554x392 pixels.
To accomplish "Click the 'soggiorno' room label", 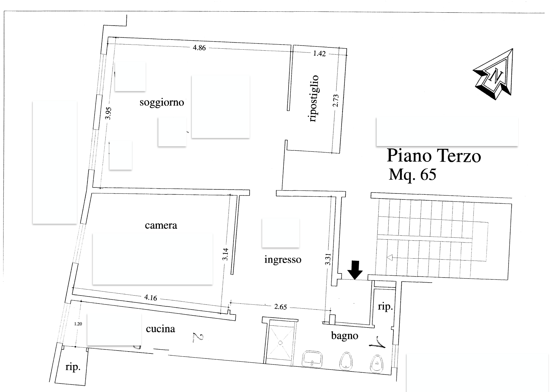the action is click(x=162, y=103).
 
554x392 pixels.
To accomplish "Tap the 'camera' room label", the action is click(x=161, y=225).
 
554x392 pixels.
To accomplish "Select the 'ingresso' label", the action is click(x=283, y=260).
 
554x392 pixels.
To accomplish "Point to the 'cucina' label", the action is click(x=160, y=329).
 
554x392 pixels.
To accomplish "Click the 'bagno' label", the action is click(x=344, y=335).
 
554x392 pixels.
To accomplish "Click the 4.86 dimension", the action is click(x=199, y=48).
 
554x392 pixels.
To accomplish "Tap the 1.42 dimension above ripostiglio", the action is click(x=319, y=53).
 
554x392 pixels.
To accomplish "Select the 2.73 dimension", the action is click(x=336, y=100).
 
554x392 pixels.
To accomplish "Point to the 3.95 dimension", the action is click(x=108, y=113).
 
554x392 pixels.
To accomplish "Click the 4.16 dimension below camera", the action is click(x=150, y=297).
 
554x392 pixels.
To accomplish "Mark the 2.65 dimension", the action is click(x=280, y=307).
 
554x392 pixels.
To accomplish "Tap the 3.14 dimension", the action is click(x=225, y=254).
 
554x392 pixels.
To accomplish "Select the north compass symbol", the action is click(x=493, y=74).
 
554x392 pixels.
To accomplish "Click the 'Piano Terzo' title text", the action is click(x=434, y=156).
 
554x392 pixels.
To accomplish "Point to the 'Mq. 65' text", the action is click(x=412, y=174).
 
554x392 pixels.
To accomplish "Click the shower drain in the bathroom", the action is click(x=280, y=343).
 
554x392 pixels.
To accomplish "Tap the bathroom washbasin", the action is click(x=313, y=359).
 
